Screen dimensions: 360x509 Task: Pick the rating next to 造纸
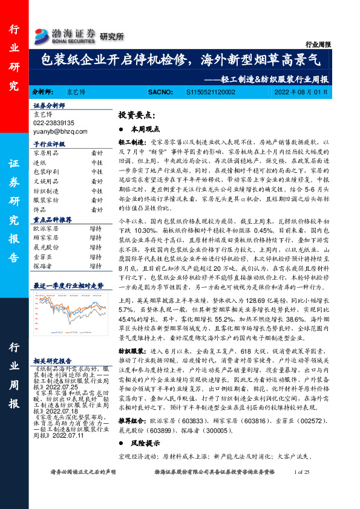tap(96, 163)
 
